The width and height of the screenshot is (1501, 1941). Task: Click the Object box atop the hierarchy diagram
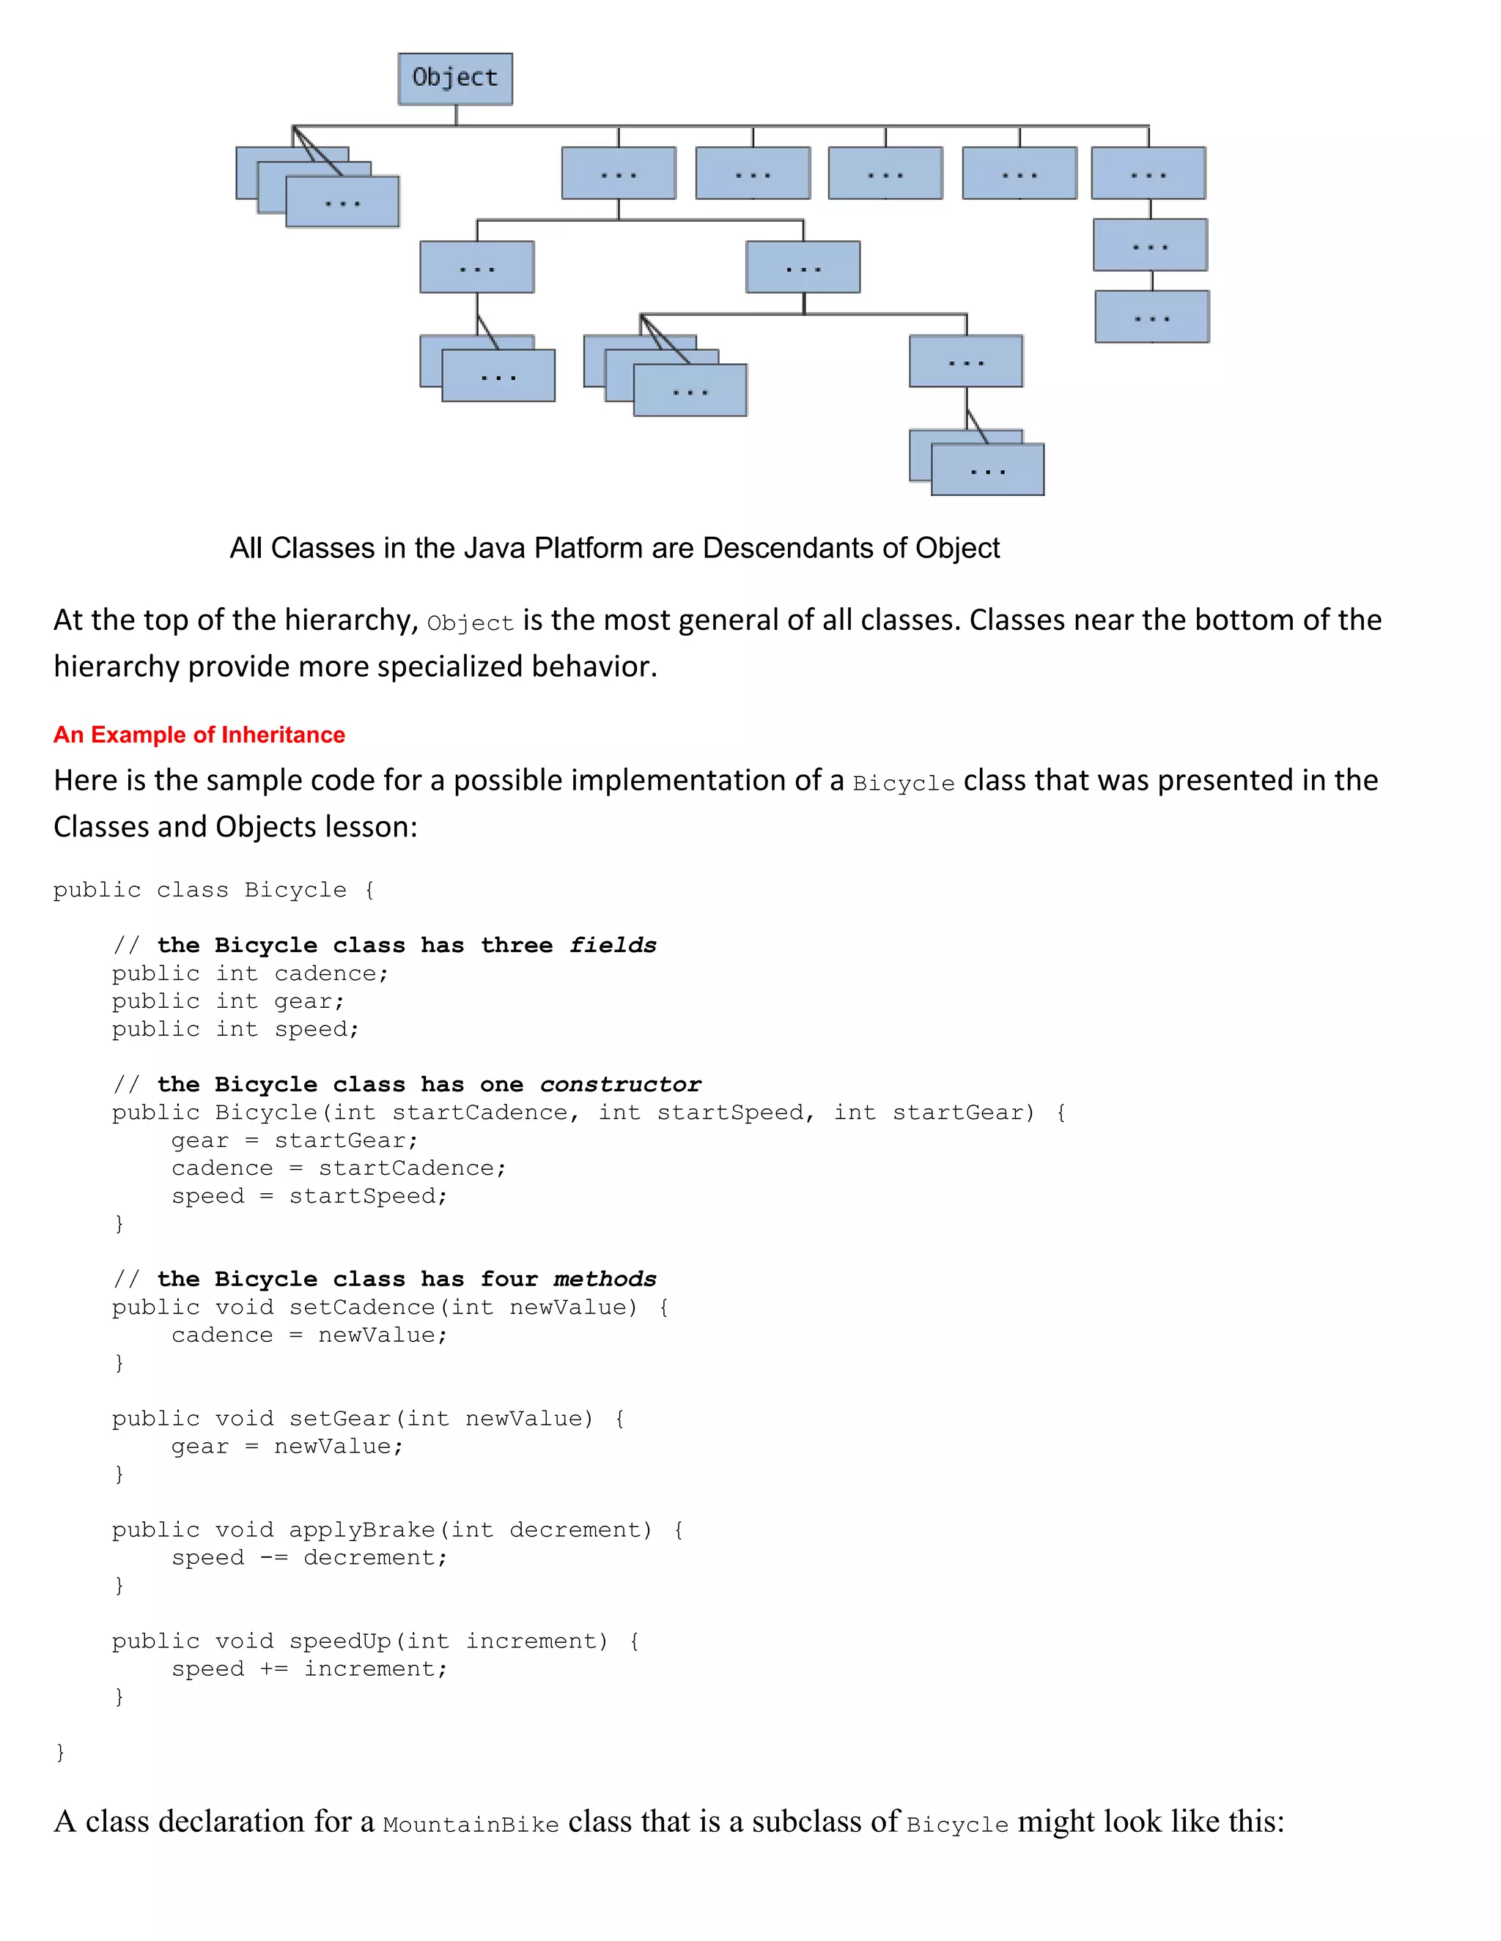[x=454, y=78]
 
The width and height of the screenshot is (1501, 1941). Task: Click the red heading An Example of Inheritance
[x=199, y=735]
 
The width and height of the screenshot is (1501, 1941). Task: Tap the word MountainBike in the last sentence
[x=471, y=1825]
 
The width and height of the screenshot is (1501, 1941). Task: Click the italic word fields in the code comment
[x=613, y=946]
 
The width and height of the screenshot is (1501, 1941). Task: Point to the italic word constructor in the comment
[x=620, y=1085]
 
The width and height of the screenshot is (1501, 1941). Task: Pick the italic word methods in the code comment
[x=605, y=1280]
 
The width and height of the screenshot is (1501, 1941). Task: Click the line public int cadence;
[x=250, y=974]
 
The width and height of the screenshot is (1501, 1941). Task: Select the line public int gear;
[x=228, y=1001]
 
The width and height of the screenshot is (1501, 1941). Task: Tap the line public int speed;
[x=236, y=1029]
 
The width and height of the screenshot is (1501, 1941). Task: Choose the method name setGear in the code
[x=339, y=1419]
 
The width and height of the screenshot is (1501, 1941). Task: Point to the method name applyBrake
[x=362, y=1529]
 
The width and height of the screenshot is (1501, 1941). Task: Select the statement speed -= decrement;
[x=309, y=1558]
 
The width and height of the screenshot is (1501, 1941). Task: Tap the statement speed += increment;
[x=309, y=1669]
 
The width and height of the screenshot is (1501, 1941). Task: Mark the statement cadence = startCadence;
[x=339, y=1169]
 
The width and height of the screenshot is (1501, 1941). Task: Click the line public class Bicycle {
[x=213, y=891]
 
